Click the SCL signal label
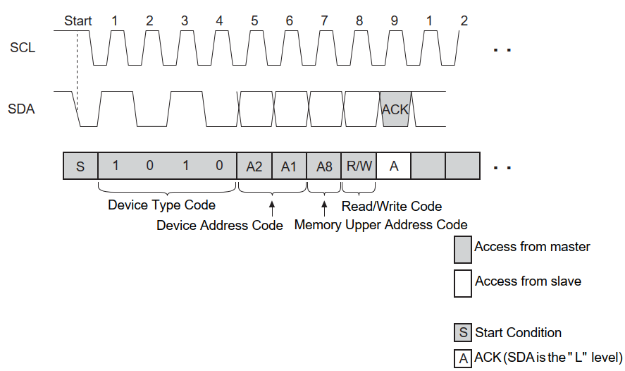[22, 49]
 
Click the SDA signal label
[21, 109]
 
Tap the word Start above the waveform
[78, 20]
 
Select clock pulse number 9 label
[394, 20]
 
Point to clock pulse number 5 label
[254, 20]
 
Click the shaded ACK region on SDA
[395, 109]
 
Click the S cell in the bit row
[80, 166]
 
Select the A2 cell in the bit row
[254, 166]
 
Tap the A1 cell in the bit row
[289, 166]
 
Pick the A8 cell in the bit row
[324, 166]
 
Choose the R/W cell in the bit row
[359, 166]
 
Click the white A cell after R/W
[394, 166]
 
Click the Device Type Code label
[161, 205]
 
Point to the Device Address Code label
[220, 226]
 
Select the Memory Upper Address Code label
[380, 225]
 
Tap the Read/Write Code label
[392, 206]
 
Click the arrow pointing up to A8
[324, 209]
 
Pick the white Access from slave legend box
[463, 282]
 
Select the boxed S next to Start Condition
[463, 332]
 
